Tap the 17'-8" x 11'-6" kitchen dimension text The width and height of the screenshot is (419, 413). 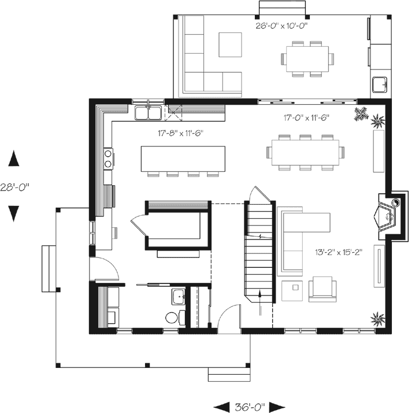(x=181, y=133)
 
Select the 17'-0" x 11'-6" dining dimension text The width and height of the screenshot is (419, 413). (x=306, y=117)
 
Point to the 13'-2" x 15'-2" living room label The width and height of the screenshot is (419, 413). (x=338, y=252)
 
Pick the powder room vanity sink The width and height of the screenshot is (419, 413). (x=177, y=298)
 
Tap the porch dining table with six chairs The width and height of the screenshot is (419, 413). (x=307, y=58)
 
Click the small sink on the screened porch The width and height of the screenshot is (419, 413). (x=380, y=84)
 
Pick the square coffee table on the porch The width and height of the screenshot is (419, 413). (x=230, y=44)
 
